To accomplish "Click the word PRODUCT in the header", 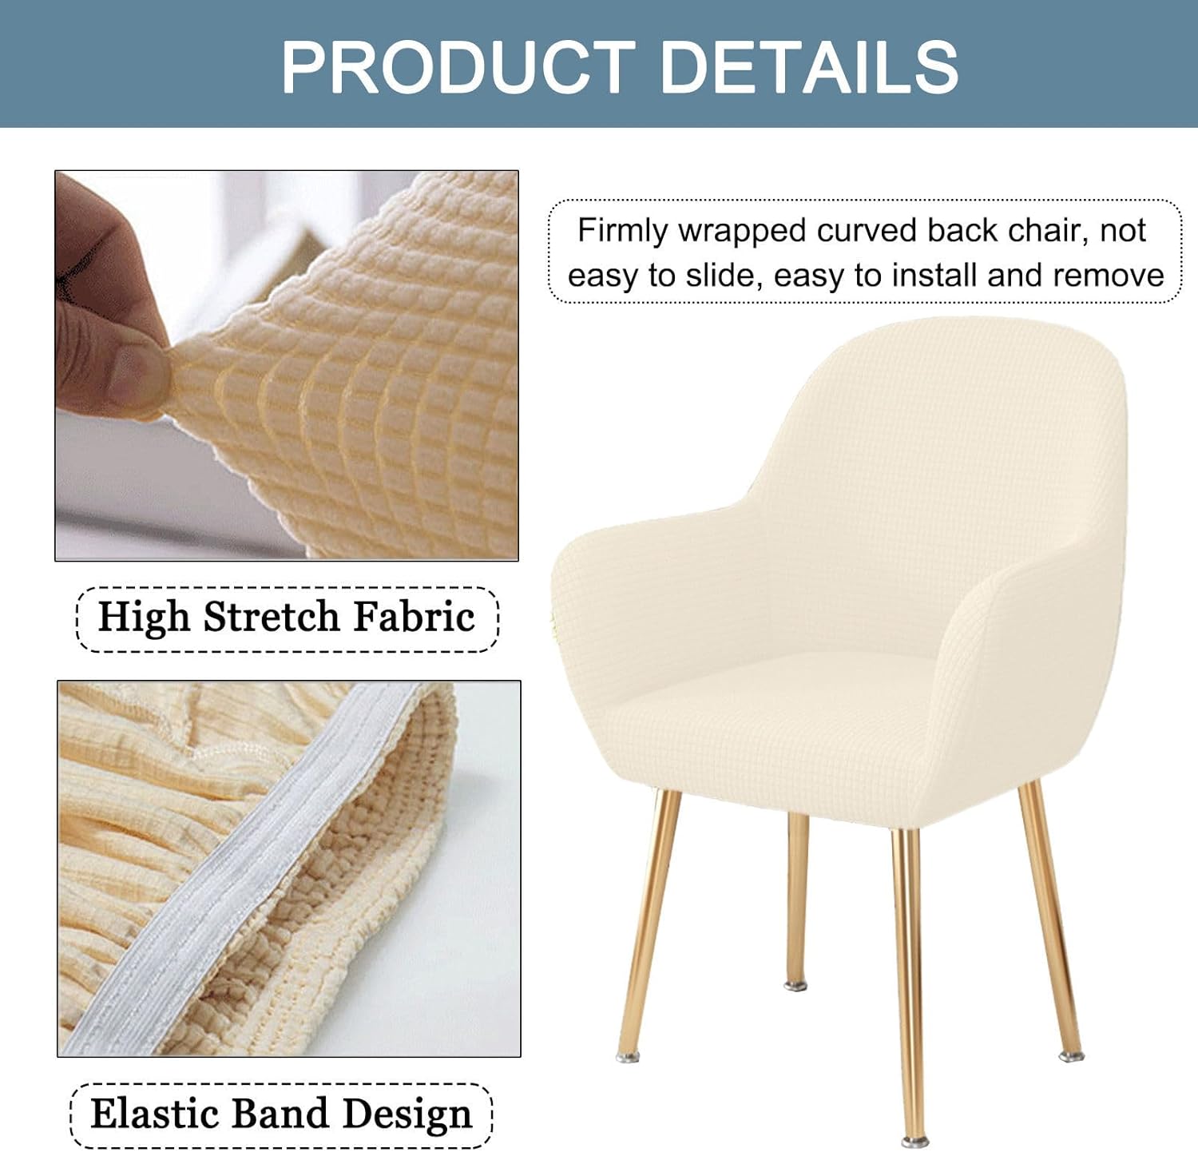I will [458, 66].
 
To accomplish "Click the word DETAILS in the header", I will [810, 66].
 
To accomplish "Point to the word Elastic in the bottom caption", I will [153, 1114].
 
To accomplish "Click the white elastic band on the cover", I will [240, 871].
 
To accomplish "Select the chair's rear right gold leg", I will [1050, 919].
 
